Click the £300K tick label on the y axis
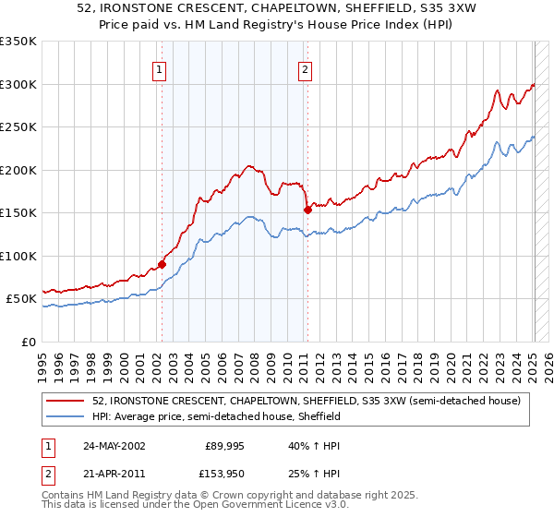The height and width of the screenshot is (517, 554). pos(18,84)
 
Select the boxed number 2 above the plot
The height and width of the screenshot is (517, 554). pos(305,67)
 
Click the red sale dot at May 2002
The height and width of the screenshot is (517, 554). pos(162,264)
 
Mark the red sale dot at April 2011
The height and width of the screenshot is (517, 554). pos(307,210)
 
